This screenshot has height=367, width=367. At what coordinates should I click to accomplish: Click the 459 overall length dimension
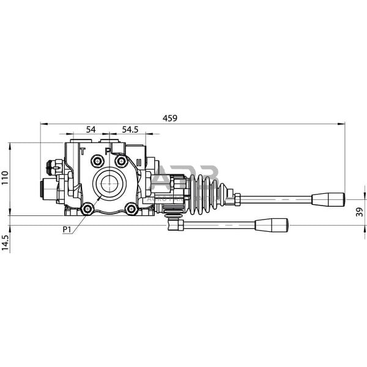tap(170, 118)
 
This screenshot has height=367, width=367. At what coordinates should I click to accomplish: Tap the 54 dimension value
tap(91, 129)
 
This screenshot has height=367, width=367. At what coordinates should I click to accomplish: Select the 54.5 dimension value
tap(130, 129)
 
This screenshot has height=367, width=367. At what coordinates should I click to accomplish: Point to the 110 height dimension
tap(5, 178)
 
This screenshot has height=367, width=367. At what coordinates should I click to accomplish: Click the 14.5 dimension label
tap(5, 243)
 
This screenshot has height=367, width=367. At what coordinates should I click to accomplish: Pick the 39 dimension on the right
tap(359, 212)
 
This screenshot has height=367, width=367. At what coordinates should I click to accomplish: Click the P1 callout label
tap(67, 229)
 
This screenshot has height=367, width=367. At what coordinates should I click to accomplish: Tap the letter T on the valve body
tap(83, 150)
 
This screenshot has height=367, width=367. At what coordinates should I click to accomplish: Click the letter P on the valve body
tap(108, 150)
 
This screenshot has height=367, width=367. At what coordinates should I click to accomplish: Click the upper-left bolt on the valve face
tap(97, 161)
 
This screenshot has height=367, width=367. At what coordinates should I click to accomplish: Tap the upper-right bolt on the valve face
tap(122, 161)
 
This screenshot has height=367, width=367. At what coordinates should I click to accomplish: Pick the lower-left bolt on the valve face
tap(87, 209)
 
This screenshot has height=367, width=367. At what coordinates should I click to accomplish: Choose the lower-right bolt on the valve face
tap(131, 209)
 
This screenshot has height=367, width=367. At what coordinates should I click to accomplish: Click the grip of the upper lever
tap(328, 199)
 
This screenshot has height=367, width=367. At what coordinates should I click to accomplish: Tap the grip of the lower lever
tap(272, 225)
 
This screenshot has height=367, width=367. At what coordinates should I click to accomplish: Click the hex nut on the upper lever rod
tap(236, 199)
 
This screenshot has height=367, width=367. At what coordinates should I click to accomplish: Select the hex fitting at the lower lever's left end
tap(177, 225)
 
